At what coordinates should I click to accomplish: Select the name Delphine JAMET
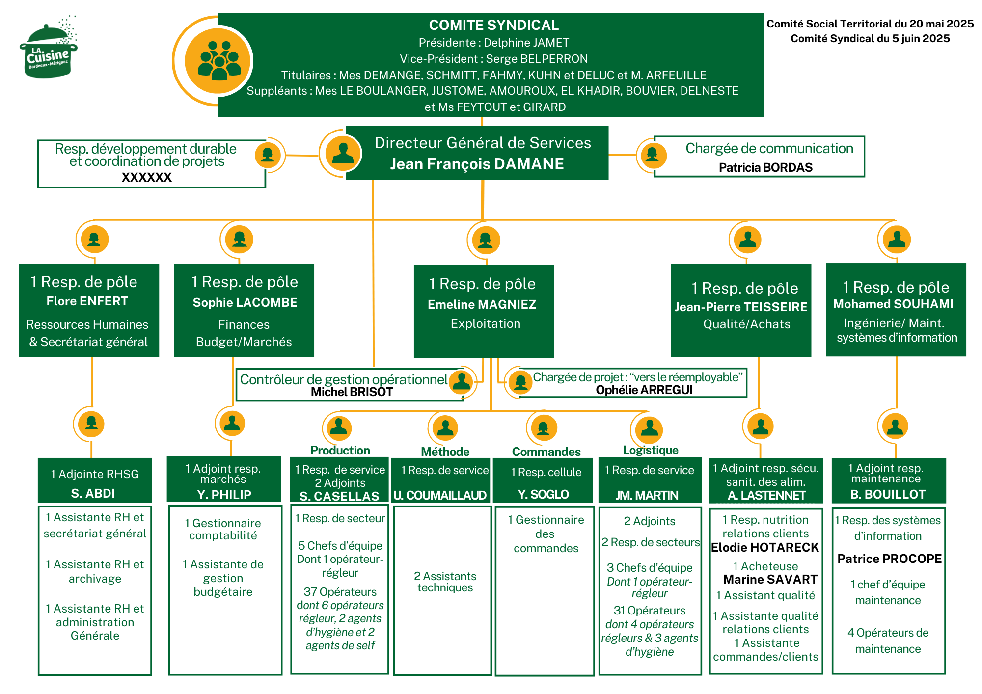coord(526,43)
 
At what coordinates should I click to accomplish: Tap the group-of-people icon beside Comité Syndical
coord(218,61)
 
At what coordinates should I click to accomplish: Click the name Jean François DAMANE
coord(477,164)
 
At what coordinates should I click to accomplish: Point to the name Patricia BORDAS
coord(765,168)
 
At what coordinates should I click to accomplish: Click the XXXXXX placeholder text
coord(147,178)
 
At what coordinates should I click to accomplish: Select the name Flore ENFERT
coord(87,301)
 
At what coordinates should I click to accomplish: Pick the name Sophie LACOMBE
coord(245,303)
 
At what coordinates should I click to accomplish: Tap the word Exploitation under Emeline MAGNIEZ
coord(485,324)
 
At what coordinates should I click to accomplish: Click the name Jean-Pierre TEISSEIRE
coord(741,307)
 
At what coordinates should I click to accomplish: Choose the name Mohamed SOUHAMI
coord(893,304)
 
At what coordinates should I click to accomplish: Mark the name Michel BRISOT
coord(352,392)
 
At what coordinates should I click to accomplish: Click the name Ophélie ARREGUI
coord(644,390)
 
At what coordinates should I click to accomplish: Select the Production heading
coord(340,450)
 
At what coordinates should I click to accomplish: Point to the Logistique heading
coord(651,450)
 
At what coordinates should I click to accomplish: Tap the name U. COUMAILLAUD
coord(440,496)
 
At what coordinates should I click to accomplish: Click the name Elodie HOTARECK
coord(765,548)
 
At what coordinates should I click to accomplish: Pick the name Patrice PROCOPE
coord(889,559)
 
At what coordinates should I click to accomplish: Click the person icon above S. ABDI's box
coord(91,423)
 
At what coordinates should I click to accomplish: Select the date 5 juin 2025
coord(921,39)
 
